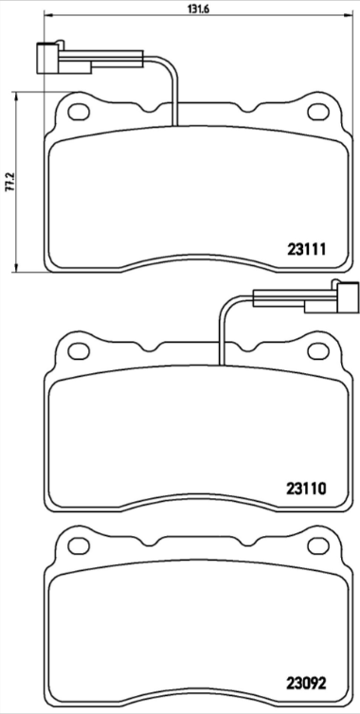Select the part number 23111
[306, 250]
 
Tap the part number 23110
[306, 490]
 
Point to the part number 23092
[306, 683]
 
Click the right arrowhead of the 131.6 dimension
[348, 19]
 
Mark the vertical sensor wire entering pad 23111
[174, 99]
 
